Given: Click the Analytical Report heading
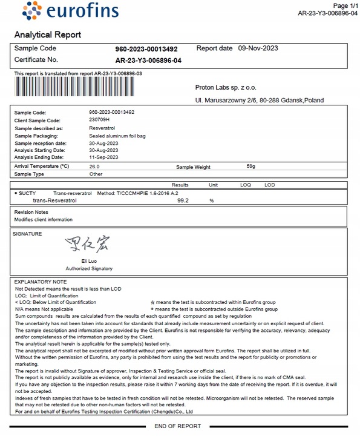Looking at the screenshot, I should click(x=47, y=35).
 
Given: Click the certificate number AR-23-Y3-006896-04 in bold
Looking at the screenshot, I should click(x=148, y=61).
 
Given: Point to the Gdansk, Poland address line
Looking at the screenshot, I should click(x=259, y=101).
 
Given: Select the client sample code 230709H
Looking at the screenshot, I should click(x=100, y=121).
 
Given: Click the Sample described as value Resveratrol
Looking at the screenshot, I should click(x=102, y=128).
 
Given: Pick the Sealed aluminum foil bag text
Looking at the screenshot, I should click(x=117, y=136).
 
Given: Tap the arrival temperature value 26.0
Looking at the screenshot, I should click(x=94, y=166).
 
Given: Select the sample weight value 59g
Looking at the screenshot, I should click(x=251, y=166).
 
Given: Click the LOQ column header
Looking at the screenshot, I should click(x=246, y=185).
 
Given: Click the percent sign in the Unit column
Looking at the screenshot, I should click(x=212, y=200).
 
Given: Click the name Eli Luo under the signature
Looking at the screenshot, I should click(x=89, y=261).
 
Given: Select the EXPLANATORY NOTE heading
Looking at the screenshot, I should click(x=41, y=282).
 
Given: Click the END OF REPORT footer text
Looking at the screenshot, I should click(x=178, y=426).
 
